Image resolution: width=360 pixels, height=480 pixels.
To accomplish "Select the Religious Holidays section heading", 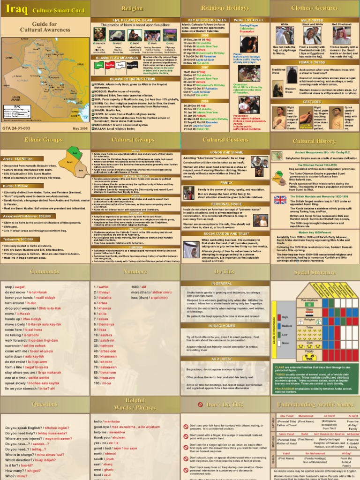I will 225,8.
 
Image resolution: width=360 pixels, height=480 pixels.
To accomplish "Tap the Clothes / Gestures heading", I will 315,8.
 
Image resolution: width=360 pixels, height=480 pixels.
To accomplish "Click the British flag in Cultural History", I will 280,200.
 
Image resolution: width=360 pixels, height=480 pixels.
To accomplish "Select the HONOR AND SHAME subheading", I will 225,152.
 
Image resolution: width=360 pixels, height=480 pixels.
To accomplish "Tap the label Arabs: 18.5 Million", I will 17,159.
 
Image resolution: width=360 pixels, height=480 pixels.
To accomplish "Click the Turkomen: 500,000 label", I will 20,239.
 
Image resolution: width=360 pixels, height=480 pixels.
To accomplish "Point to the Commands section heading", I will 45,271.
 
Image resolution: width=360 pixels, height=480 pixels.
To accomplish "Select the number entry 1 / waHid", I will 102,286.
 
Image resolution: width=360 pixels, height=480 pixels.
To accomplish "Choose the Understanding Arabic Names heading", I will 315,404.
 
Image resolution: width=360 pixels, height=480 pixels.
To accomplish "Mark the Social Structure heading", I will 315,272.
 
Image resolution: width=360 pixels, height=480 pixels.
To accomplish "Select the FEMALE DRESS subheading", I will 315,61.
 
